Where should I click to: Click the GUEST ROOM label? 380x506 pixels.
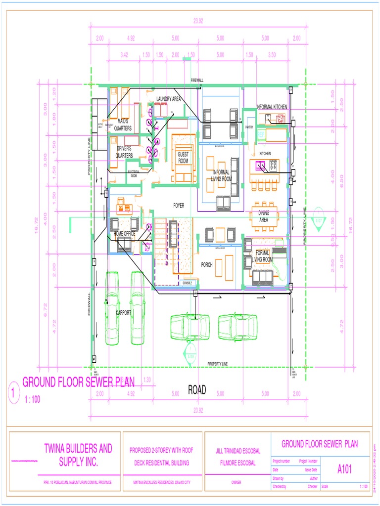[x=183, y=158]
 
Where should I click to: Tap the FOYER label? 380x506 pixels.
[x=179, y=205]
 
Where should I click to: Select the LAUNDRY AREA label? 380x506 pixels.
[x=168, y=99]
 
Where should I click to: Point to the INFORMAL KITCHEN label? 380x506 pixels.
[x=272, y=107]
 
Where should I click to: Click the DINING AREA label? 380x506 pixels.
[x=264, y=216]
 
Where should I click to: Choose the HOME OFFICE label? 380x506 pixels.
[x=125, y=234]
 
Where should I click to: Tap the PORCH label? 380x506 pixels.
[x=207, y=265]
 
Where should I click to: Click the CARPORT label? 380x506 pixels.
[x=124, y=313]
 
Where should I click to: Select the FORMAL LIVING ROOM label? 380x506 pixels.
[x=262, y=256]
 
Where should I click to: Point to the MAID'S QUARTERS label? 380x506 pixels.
[x=123, y=125]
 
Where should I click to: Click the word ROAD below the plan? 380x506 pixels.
[x=196, y=390]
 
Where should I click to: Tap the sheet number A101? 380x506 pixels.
[x=344, y=469]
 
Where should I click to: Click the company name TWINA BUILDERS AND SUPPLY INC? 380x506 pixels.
[x=78, y=456]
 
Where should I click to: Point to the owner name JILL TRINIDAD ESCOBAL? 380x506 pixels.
[x=237, y=451]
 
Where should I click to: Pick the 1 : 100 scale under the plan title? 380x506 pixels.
[x=32, y=400]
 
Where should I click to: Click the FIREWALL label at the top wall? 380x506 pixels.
[x=197, y=80]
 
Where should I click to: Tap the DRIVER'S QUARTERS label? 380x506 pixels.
[x=124, y=152]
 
